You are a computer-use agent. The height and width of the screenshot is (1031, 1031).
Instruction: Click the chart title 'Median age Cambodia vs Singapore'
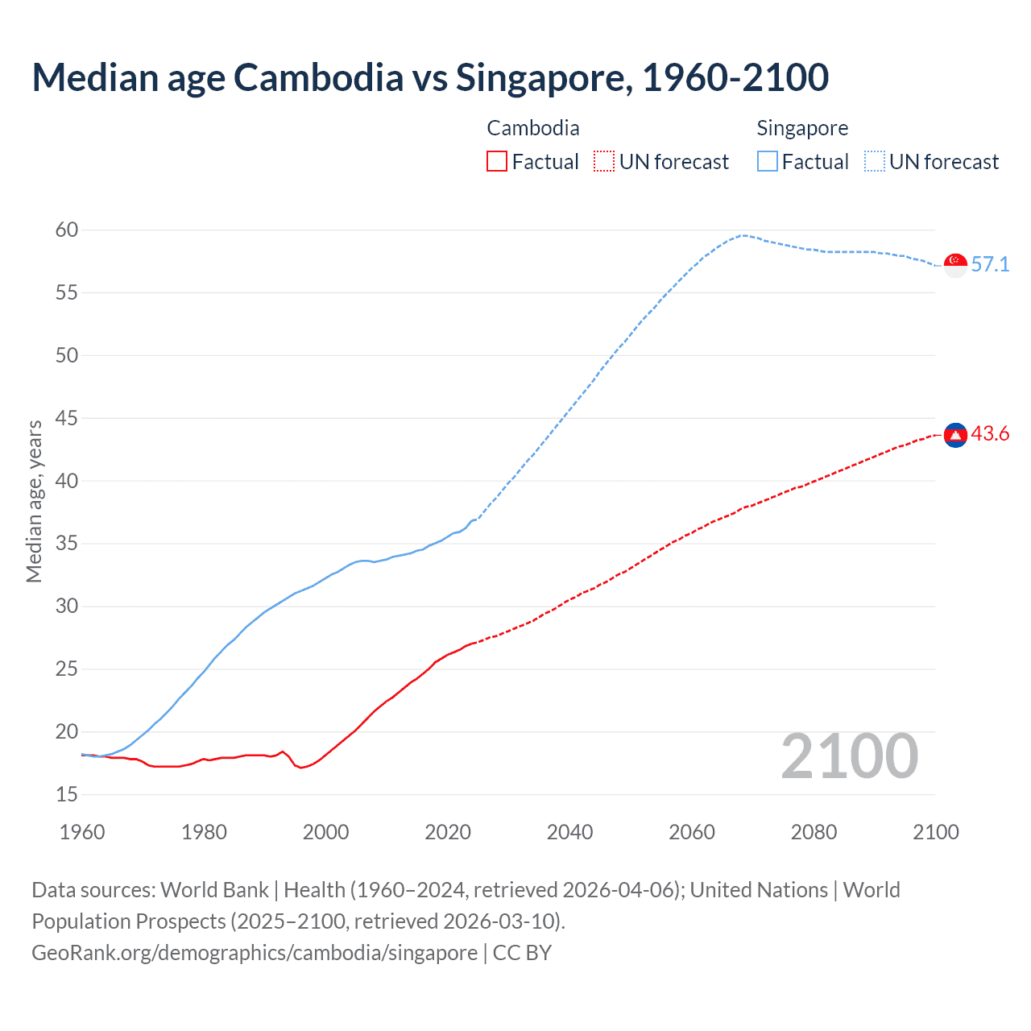[x=430, y=77]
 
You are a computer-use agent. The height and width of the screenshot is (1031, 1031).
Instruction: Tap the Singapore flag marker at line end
[x=955, y=265]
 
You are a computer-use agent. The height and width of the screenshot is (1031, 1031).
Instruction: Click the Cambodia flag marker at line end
[x=955, y=435]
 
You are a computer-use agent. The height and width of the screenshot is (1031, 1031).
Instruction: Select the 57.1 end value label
[x=990, y=265]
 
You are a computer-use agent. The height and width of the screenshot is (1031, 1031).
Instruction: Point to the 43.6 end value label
[x=990, y=434]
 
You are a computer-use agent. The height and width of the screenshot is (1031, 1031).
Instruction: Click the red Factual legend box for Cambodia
[x=497, y=162]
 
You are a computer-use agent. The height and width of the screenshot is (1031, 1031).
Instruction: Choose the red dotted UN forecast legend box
[x=604, y=162]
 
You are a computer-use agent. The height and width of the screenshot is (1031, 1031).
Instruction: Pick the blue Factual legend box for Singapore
[x=768, y=162]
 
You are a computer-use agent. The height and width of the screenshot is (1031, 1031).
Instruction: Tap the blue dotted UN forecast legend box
[x=875, y=162]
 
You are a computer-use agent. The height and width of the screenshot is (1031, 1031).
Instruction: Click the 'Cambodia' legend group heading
[x=533, y=128]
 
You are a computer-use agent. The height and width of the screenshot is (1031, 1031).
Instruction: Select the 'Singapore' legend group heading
[x=802, y=128]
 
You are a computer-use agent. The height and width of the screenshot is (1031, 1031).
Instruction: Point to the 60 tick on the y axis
[x=67, y=230]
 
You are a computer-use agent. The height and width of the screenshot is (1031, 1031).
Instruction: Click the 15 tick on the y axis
[x=67, y=795]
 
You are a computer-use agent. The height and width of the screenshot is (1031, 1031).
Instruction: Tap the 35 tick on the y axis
[x=67, y=544]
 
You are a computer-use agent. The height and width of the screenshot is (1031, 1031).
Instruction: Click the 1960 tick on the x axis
[x=82, y=832]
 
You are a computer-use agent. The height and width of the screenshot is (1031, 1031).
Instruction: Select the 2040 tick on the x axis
[x=569, y=832]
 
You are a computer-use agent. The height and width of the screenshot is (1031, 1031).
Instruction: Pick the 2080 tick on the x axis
[x=814, y=832]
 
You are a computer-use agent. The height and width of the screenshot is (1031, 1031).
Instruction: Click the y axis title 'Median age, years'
[x=34, y=501]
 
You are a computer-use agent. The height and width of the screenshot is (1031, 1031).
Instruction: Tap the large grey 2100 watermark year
[x=849, y=756]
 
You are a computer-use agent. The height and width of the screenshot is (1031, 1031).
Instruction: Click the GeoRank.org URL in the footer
[x=255, y=953]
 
